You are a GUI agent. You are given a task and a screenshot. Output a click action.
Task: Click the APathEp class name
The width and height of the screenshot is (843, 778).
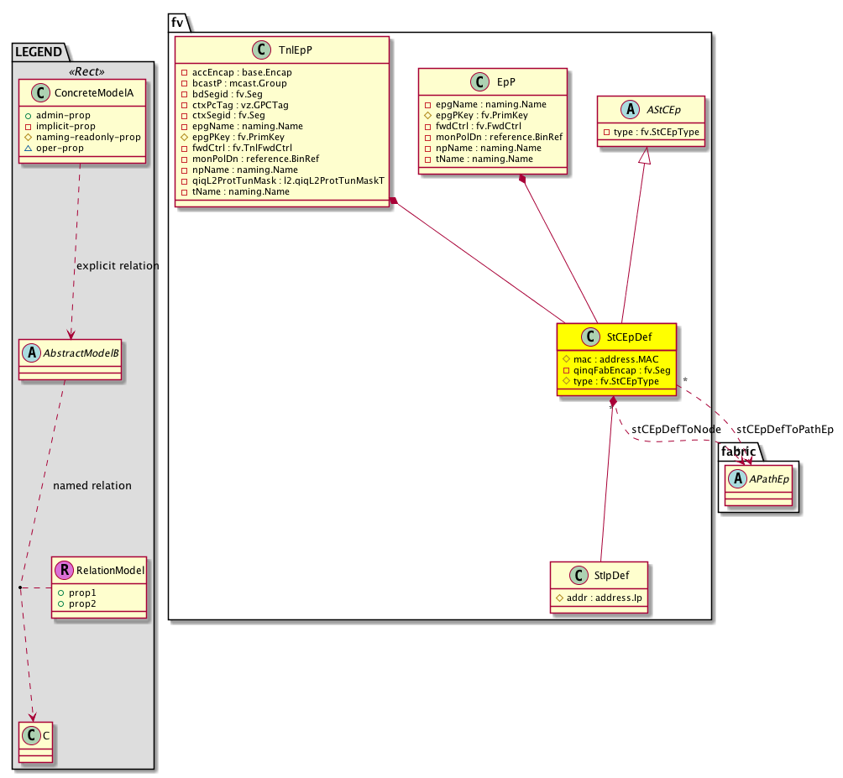click(764, 479)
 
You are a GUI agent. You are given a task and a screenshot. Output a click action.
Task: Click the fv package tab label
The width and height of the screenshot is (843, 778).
click(177, 23)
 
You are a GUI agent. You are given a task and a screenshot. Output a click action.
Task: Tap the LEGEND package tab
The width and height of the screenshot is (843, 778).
click(38, 52)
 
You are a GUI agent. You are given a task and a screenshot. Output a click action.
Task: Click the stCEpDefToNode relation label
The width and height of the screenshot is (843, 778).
click(675, 430)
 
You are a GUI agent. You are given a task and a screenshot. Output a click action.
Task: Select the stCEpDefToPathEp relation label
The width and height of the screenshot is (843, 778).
click(785, 430)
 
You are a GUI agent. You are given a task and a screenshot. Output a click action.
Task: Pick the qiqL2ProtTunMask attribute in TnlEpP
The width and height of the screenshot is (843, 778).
click(281, 180)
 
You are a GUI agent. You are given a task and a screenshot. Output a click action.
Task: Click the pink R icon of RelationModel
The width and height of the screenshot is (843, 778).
click(64, 571)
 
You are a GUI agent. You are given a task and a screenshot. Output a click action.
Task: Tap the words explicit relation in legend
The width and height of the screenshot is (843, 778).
click(117, 266)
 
